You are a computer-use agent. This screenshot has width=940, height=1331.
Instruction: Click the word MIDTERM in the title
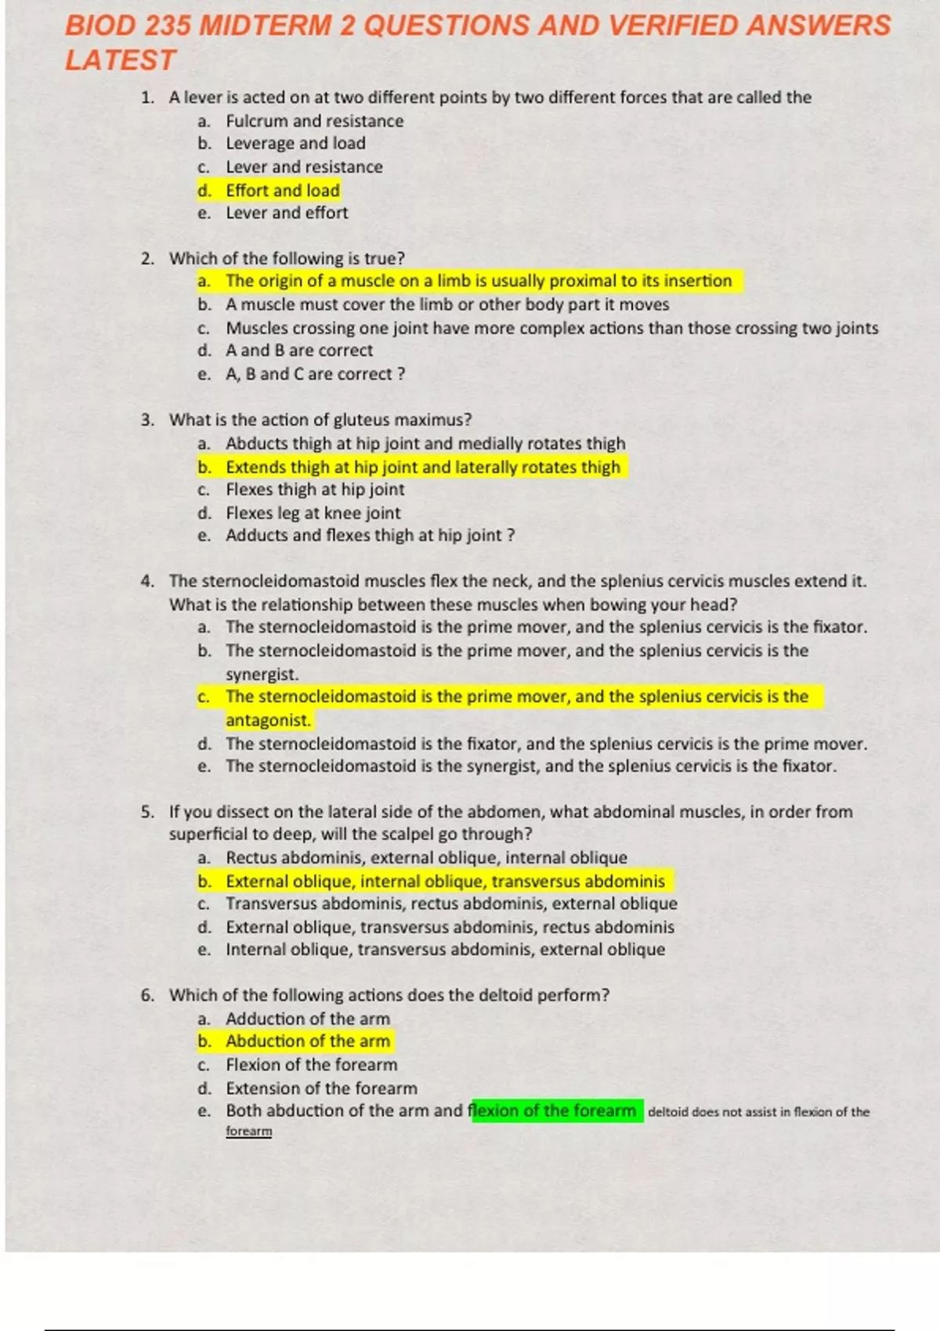(266, 26)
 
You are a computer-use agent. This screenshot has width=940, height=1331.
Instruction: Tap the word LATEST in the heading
(120, 60)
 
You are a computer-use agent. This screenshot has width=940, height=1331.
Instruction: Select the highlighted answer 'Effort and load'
(282, 190)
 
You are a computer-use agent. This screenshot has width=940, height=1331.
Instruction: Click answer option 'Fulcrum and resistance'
(314, 121)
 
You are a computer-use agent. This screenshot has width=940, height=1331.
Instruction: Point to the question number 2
(147, 258)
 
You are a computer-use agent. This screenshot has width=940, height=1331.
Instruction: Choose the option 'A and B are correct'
(299, 350)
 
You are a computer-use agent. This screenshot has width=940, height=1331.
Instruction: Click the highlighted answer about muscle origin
(478, 281)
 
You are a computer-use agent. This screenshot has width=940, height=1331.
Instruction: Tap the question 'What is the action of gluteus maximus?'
(320, 420)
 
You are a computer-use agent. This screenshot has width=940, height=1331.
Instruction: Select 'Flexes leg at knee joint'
(313, 513)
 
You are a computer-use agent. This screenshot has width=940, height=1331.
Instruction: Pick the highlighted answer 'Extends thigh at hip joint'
(422, 467)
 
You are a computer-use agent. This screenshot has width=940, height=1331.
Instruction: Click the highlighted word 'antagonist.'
(268, 720)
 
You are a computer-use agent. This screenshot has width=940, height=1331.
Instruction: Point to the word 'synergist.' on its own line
(262, 674)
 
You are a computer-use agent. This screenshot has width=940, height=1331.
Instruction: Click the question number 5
(147, 812)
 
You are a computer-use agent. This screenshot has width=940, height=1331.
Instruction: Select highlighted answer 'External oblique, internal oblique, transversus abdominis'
(445, 882)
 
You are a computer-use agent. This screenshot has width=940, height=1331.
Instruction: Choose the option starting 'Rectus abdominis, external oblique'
(426, 858)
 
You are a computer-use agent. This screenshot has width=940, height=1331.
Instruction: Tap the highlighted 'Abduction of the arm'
(307, 1041)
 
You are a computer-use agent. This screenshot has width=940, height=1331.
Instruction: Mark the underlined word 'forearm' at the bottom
(249, 1131)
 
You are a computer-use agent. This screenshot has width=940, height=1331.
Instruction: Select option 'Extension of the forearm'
(321, 1088)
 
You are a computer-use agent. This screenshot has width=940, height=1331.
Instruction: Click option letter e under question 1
(204, 213)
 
